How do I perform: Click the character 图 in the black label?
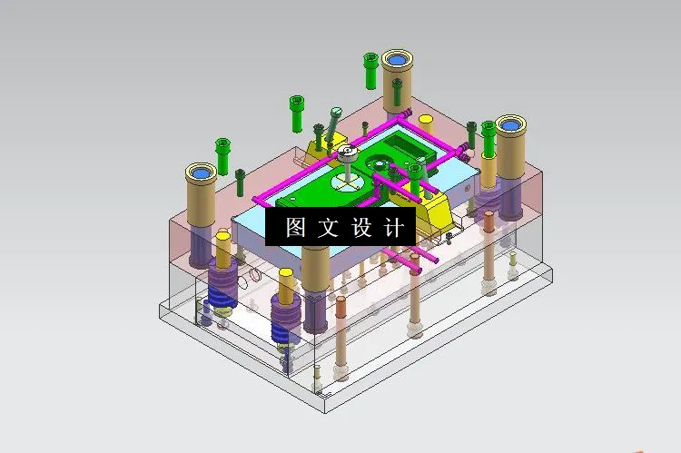[x=296, y=228]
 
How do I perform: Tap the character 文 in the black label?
[x=329, y=228]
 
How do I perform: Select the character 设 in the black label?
[x=361, y=228]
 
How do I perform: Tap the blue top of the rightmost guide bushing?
[x=509, y=123]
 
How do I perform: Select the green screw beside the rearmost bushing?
[x=370, y=69]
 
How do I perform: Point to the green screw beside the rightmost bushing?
[x=489, y=137]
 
